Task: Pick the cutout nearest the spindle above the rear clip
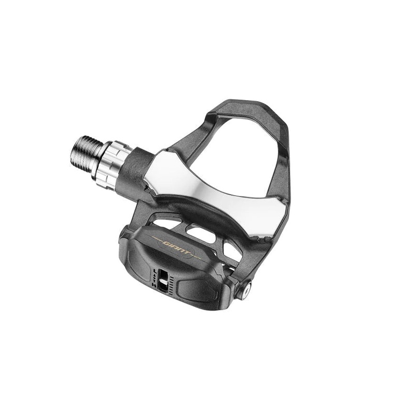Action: coord(166,224)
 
